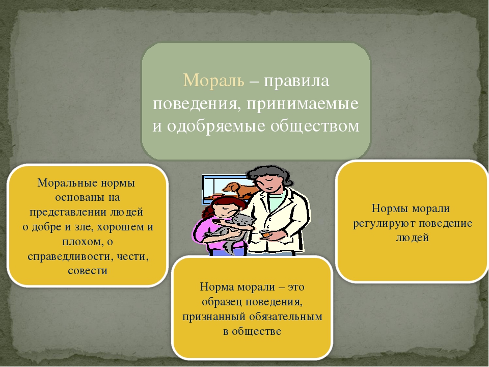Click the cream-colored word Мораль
click(x=213, y=81)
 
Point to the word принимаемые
click(x=303, y=104)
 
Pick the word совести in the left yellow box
click(x=87, y=271)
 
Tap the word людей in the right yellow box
click(x=412, y=238)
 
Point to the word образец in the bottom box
click(x=222, y=302)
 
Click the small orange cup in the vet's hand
click(x=265, y=233)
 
